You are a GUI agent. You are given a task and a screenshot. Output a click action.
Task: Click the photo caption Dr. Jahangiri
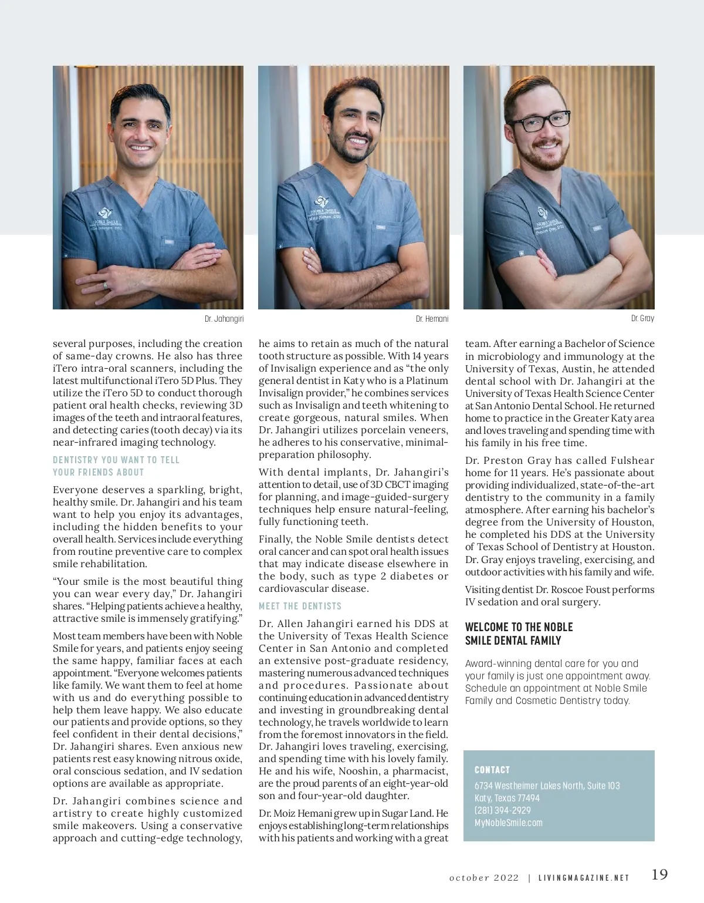tap(224, 319)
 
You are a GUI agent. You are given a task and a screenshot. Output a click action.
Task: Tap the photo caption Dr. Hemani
tap(432, 319)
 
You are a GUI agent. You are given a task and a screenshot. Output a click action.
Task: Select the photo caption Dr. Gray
tap(642, 318)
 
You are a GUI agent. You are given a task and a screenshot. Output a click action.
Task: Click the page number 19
tap(659, 874)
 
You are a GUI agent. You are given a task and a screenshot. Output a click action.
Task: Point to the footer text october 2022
tap(484, 878)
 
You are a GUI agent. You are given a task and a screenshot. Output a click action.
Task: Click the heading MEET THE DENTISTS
tap(300, 606)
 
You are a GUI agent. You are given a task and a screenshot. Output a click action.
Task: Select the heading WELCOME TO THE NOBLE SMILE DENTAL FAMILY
tap(519, 634)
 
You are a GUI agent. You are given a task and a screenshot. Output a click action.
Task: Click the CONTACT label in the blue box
tap(492, 770)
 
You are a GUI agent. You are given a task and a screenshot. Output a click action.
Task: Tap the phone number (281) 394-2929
tap(502, 810)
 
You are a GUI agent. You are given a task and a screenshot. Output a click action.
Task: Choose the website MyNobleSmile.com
tap(508, 823)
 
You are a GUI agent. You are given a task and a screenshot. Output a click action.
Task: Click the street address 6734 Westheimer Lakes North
tap(547, 786)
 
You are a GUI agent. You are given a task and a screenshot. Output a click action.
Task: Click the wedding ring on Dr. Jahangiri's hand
tap(106, 285)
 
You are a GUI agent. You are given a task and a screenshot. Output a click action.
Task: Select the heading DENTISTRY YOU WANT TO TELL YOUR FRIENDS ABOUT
tap(116, 466)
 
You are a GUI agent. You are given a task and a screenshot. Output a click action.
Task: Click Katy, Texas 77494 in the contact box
tap(507, 798)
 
